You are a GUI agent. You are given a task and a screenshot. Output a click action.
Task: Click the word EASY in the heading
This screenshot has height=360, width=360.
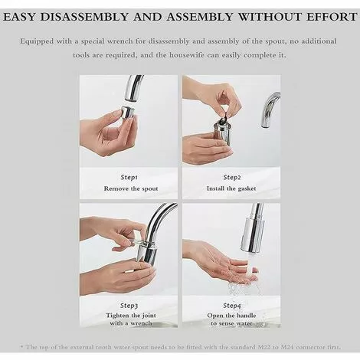coord(28,15)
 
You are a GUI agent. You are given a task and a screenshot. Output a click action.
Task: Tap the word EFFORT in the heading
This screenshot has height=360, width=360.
coord(327,15)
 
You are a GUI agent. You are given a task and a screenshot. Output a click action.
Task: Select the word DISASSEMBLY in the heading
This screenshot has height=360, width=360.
coord(97,15)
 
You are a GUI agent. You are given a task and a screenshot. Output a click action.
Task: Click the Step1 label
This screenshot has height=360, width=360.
coord(129,177)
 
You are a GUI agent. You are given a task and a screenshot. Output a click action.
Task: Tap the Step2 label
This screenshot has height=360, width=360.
coord(232,177)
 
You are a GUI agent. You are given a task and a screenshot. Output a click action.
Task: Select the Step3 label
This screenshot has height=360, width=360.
coord(129,304)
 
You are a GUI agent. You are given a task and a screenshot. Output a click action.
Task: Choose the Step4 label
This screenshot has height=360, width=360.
coord(232,304)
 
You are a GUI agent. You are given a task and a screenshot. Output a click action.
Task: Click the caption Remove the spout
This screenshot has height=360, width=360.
coord(129,188)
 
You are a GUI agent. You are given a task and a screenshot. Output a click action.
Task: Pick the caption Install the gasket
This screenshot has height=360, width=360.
coord(232,188)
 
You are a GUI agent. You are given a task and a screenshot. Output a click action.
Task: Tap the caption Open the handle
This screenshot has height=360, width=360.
coord(232,316)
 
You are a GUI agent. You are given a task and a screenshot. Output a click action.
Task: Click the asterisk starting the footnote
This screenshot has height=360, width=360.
coord(23,346)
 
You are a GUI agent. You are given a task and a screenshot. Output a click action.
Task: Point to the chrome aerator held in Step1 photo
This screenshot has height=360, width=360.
coord(127,113)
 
